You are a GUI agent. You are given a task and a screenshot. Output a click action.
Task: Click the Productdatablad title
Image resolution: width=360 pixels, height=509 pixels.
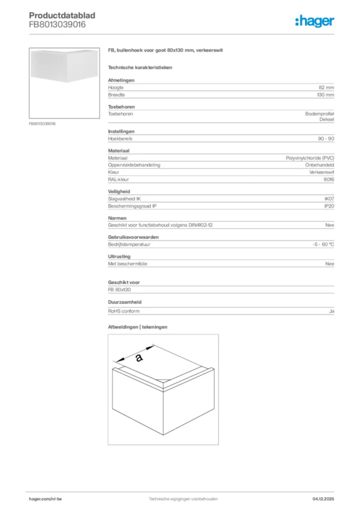click(62, 15)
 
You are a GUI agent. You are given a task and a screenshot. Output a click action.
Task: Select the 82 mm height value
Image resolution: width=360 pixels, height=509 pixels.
click(326, 87)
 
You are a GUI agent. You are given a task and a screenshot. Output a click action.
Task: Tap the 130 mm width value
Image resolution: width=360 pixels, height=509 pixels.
click(325, 94)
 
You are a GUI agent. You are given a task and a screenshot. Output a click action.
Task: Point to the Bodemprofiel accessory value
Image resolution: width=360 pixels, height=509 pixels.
click(319, 114)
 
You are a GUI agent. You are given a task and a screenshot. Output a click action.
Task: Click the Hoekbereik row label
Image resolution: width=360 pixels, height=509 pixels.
click(120, 139)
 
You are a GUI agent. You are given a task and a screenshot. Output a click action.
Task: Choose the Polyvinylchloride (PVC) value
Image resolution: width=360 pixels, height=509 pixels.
click(310, 158)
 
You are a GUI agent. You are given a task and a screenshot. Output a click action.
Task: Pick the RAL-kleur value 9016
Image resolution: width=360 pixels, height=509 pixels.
click(328, 179)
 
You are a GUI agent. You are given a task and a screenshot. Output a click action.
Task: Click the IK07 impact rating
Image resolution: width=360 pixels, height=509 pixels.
click(329, 198)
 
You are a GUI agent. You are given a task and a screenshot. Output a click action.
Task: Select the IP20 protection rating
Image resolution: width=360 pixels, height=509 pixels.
click(329, 206)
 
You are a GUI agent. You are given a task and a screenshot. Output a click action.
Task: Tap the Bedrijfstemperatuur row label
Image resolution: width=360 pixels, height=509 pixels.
click(129, 245)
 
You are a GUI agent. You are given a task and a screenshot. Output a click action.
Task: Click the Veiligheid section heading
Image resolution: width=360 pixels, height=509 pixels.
click(119, 191)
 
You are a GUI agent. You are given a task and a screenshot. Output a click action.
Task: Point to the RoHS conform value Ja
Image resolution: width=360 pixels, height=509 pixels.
click(331, 311)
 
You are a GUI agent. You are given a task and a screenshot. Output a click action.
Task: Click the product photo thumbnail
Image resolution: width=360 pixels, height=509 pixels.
click(64, 83)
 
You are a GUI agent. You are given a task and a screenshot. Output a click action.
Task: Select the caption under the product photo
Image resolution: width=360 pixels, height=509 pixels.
click(42, 123)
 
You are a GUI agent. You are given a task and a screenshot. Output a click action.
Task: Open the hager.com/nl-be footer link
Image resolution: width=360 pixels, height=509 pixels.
click(45, 498)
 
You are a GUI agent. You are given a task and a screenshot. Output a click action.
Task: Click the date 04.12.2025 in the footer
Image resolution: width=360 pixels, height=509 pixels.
click(323, 498)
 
